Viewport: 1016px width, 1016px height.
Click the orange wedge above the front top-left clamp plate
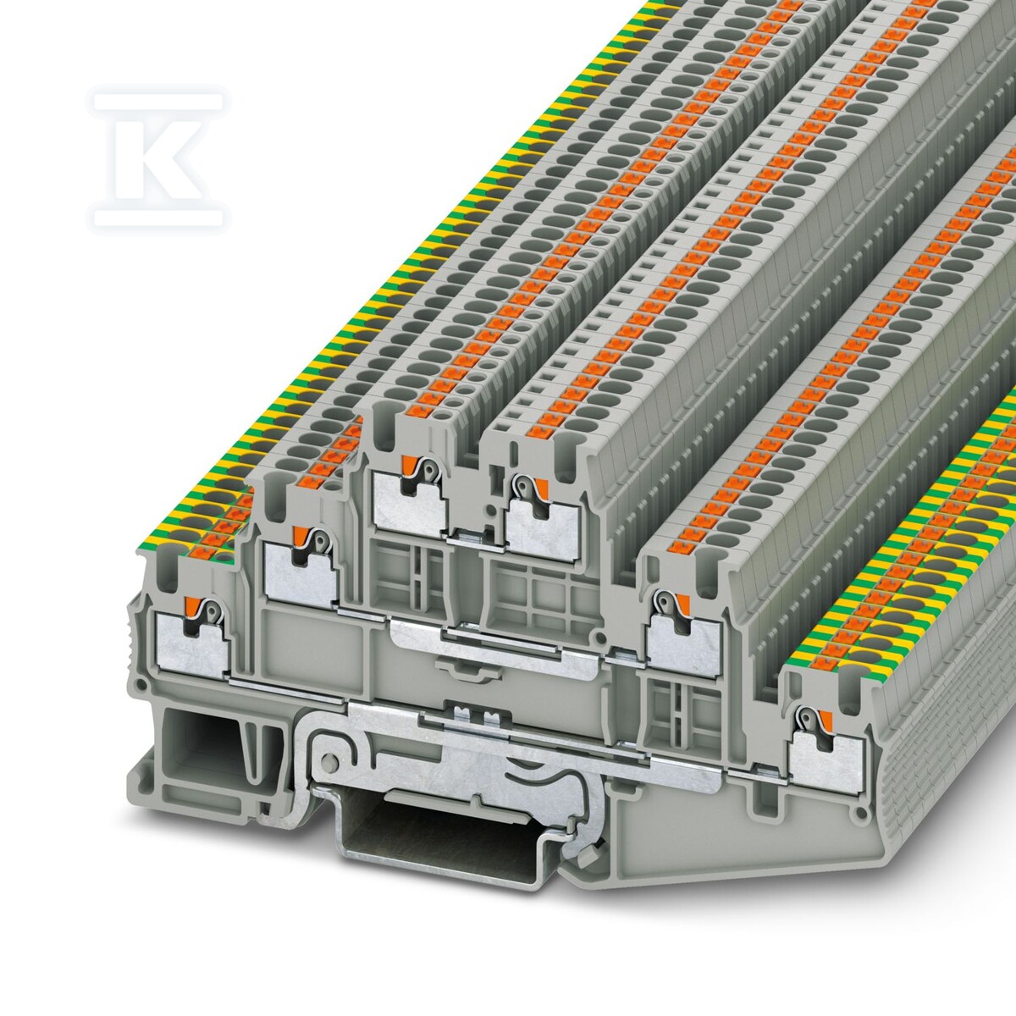pyautogui.click(x=407, y=465)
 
